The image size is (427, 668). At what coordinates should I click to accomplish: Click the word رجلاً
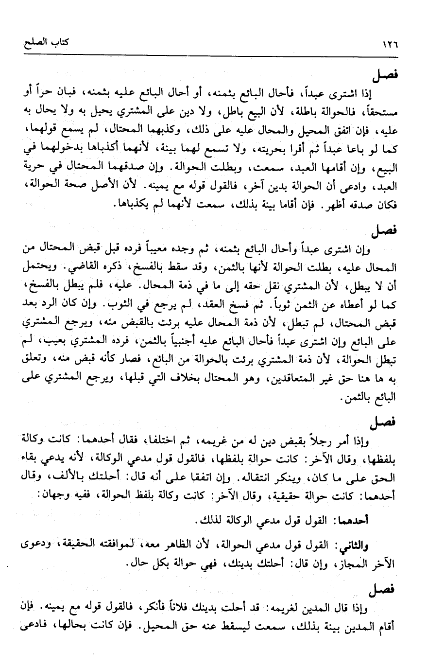(345, 438)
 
